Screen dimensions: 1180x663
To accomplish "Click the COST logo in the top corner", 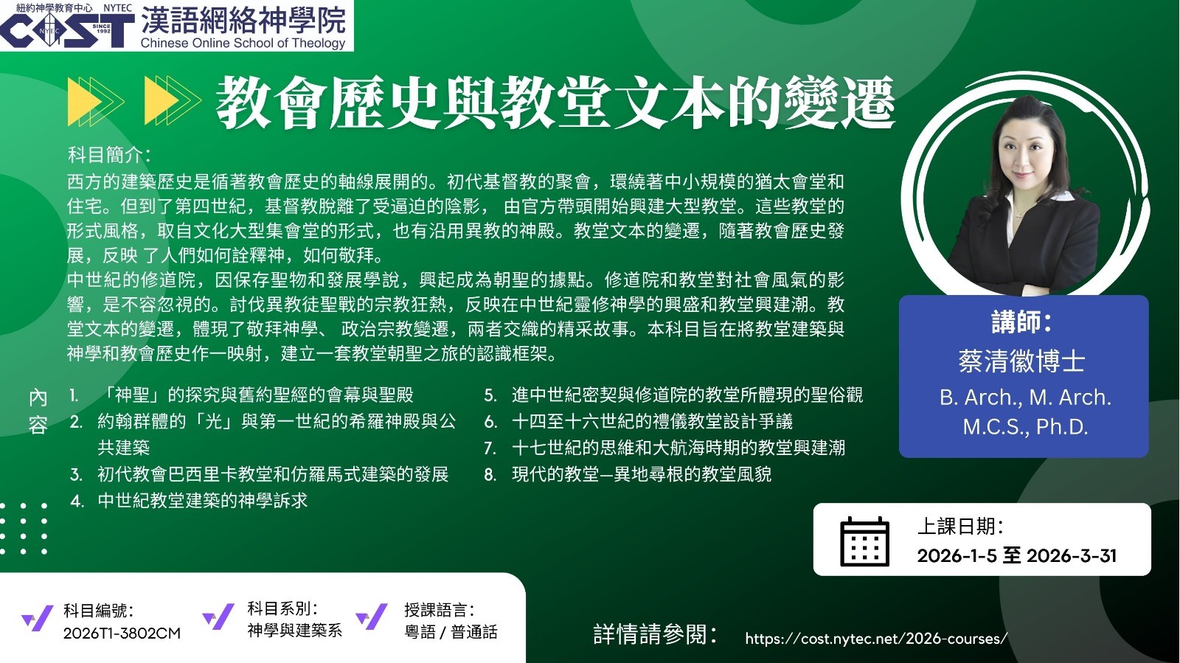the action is (67, 29).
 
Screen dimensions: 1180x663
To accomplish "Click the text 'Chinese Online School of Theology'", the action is (243, 43).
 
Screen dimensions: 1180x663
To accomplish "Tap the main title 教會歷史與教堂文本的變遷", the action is (556, 103).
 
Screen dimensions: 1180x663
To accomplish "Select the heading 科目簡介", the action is (109, 155).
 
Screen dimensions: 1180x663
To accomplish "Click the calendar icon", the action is (864, 541).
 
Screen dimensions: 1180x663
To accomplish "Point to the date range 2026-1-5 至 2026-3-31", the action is (1017, 555).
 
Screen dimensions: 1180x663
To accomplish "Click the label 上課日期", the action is (959, 527).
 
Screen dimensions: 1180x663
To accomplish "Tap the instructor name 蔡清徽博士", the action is (1021, 362).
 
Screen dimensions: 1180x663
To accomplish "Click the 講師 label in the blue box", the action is (1021, 322).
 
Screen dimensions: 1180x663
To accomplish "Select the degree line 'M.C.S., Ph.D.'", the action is (1025, 426).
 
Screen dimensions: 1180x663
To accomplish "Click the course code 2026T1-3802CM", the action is (122, 633).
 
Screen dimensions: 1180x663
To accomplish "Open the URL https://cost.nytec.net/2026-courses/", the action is (876, 639).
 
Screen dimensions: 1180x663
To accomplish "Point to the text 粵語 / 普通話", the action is (451, 631).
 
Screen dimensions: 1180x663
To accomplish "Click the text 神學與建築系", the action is (294, 630).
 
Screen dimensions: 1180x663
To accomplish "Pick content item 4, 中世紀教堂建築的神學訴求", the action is (189, 500).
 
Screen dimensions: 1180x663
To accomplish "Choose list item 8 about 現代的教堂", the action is (628, 474).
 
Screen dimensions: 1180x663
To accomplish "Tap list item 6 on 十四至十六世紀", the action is (639, 421).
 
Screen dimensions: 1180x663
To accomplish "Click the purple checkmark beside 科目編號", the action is (38, 618).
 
